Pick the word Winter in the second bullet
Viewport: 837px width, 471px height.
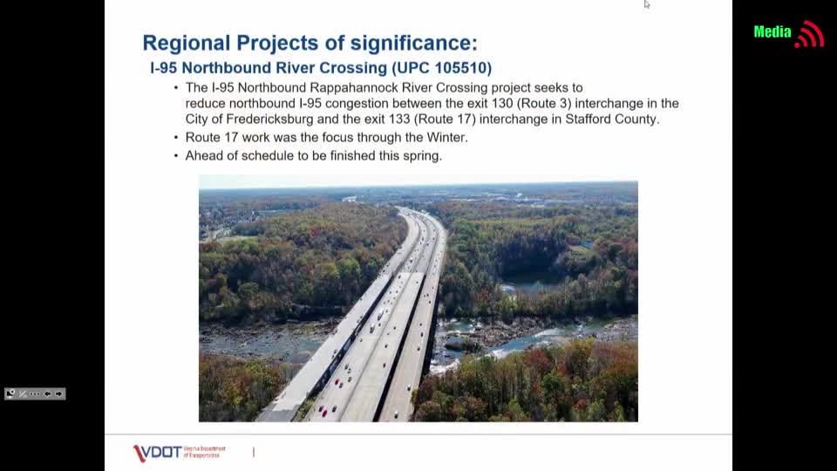pyautogui.click(x=446, y=138)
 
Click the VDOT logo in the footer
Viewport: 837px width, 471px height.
pyautogui.click(x=158, y=453)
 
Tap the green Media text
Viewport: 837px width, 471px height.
pyautogui.click(x=772, y=32)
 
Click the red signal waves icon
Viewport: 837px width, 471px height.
pyautogui.click(x=810, y=34)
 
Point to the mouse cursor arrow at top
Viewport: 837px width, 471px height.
pyautogui.click(x=647, y=4)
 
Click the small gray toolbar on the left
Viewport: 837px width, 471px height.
pyautogui.click(x=35, y=394)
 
